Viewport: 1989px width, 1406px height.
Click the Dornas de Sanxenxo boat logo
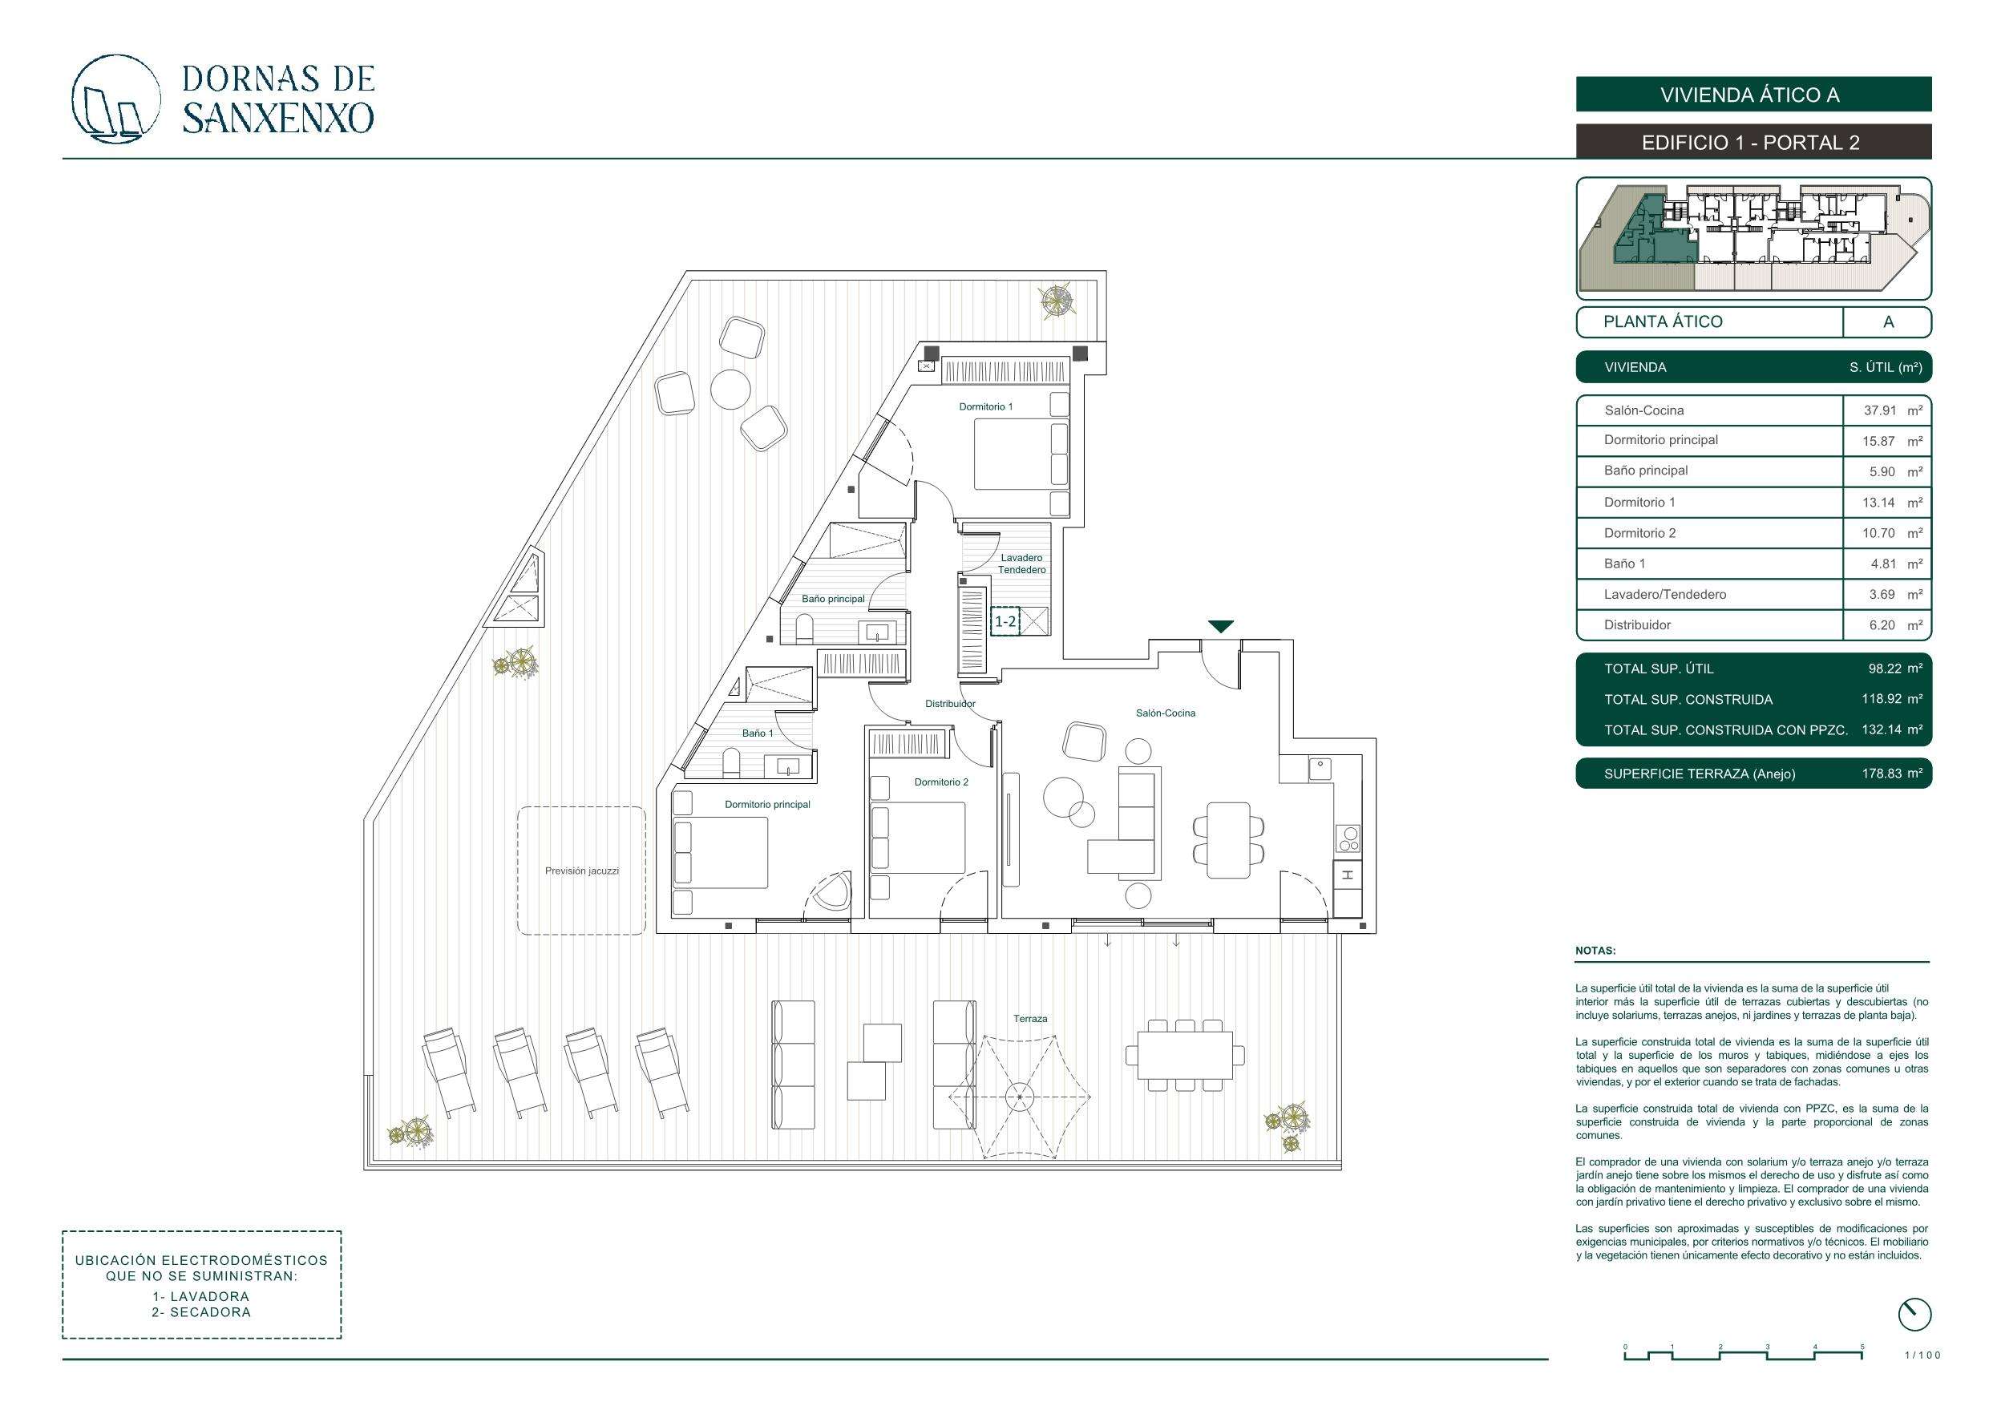115,99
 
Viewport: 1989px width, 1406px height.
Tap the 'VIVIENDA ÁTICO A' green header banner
1753,95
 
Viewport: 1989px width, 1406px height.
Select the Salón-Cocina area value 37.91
1880,410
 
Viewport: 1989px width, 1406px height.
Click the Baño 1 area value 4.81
1882,564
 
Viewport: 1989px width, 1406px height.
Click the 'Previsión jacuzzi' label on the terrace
581,871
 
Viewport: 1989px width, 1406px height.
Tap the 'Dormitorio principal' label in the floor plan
766,805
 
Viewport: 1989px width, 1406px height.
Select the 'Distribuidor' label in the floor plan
949,705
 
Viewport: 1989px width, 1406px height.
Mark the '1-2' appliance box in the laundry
1005,621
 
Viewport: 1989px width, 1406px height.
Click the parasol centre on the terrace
1020,1097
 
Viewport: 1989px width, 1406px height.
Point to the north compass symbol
1914,1314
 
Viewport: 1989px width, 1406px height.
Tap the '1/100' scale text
1922,1355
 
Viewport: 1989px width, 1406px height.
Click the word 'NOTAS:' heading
1595,951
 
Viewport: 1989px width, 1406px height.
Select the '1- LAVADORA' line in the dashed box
201,1296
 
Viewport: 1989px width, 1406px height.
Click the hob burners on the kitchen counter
1348,838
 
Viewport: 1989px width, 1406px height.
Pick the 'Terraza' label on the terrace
1030,1019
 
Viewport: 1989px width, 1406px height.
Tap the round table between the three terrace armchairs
730,389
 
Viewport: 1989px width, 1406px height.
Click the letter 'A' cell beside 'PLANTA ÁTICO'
1888,322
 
